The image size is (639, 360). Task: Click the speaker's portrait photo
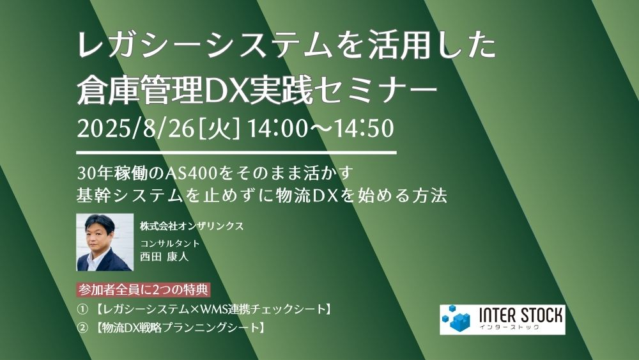pos(105,242)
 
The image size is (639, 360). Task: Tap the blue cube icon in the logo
pos(457,319)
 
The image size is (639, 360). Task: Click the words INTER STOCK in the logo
pos(520,316)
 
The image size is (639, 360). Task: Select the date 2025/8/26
pos(135,128)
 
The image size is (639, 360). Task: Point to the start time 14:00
pos(277,128)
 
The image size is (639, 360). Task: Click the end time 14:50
pos(364,128)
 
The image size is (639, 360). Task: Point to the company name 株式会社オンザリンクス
pos(192,226)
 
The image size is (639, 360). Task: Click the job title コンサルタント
pos(169,244)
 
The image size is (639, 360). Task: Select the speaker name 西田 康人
pos(164,256)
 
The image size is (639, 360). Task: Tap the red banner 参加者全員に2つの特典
pos(143,290)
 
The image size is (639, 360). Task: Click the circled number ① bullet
pos(82,309)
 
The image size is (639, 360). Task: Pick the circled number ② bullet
pos(82,328)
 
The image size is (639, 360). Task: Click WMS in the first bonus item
pos(212,309)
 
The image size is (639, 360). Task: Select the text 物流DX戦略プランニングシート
pos(181,328)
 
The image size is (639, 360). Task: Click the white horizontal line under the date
pos(236,153)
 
